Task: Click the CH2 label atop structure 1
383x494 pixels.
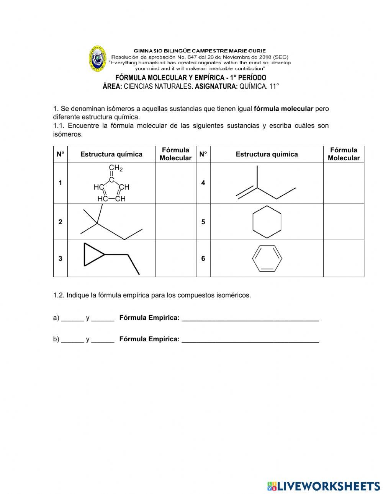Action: (115, 168)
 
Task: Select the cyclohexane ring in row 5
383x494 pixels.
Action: (267, 222)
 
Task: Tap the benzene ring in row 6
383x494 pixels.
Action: (267, 259)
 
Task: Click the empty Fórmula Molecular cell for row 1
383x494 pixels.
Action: (175, 183)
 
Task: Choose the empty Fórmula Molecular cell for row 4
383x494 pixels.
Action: (343, 183)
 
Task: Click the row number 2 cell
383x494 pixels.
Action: (60, 222)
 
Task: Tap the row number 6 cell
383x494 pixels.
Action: (203, 259)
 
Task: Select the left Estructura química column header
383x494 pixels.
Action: (111, 154)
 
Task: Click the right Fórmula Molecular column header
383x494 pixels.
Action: (343, 154)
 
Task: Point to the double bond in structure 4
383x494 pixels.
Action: (246, 192)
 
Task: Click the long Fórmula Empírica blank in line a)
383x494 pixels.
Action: (250, 318)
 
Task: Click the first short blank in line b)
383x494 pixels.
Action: (72, 339)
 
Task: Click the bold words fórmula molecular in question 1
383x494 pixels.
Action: (283, 109)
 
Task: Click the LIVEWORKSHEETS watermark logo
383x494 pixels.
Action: (323, 486)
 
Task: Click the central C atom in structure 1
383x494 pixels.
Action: (111, 180)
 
